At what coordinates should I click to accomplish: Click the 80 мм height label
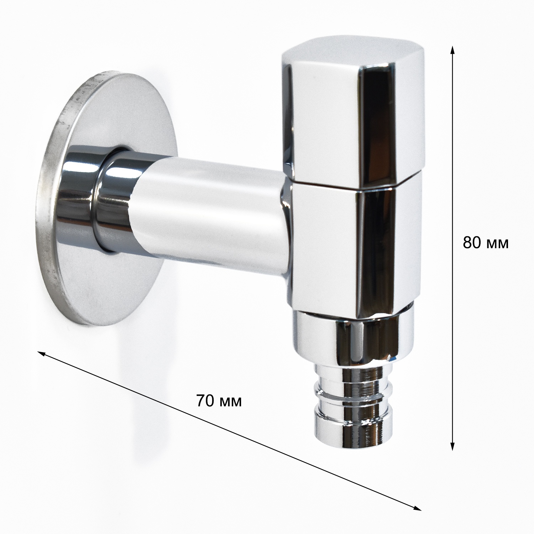[486, 243]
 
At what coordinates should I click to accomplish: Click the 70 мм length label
[219, 401]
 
